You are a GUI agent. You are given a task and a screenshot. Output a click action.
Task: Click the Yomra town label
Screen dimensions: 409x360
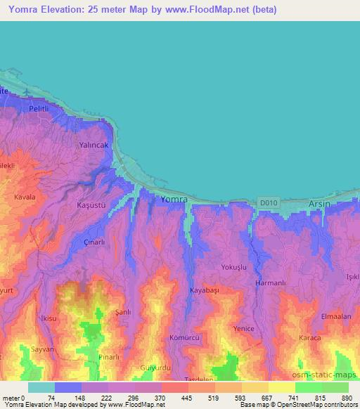(174, 200)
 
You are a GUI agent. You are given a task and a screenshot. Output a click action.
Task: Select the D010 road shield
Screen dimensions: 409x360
(265, 201)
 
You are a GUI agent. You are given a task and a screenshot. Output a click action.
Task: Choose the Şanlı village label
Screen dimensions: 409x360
(124, 312)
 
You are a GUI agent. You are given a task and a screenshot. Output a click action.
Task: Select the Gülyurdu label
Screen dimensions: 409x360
(156, 368)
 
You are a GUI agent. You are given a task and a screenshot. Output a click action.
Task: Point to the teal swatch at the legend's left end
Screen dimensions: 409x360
(41, 387)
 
